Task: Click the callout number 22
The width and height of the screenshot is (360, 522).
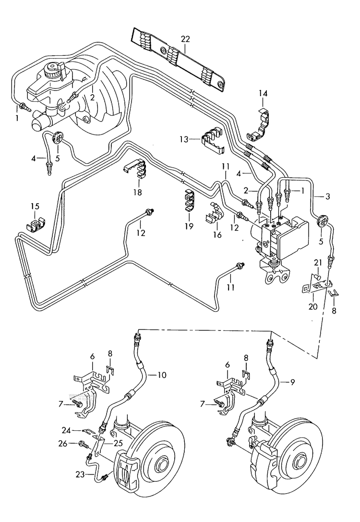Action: tap(186, 39)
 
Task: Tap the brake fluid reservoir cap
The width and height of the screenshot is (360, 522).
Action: tap(52, 71)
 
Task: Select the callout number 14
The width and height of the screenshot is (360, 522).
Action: tap(263, 93)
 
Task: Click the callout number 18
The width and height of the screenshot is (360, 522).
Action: tap(138, 193)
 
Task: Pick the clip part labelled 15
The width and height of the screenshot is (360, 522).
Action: tap(36, 225)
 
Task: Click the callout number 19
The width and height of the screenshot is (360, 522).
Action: tap(188, 226)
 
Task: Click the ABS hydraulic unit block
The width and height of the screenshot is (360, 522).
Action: tap(281, 235)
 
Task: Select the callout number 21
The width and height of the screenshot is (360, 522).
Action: tap(317, 262)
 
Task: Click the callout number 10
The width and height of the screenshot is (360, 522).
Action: tap(162, 375)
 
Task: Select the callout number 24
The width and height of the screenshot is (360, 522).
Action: tap(66, 429)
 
